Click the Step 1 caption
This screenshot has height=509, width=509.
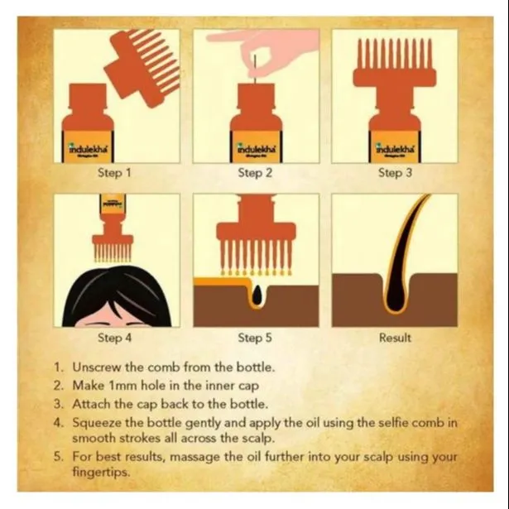pos(114,173)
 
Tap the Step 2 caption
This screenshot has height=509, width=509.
pos(255,173)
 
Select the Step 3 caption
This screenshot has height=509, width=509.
pos(395,173)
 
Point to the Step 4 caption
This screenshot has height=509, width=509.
pos(114,338)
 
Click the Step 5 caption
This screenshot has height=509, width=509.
pos(255,338)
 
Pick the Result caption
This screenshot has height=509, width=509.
pos(395,338)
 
